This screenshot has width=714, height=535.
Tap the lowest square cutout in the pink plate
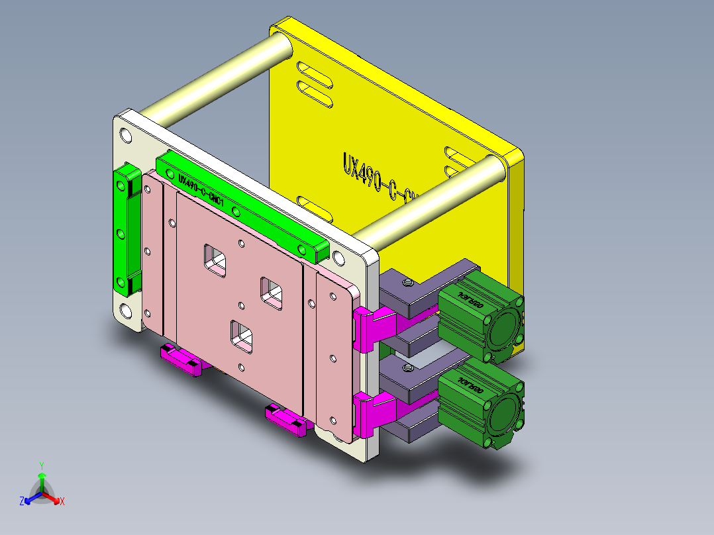(x=242, y=334)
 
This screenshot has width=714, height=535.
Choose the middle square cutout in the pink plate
(x=272, y=292)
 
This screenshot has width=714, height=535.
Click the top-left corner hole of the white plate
(x=127, y=135)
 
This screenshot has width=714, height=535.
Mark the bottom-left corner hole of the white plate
(x=126, y=311)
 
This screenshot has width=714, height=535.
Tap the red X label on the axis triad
(x=62, y=501)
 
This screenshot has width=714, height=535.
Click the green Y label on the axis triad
(x=42, y=465)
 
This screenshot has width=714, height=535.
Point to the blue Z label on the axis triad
(x=22, y=501)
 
